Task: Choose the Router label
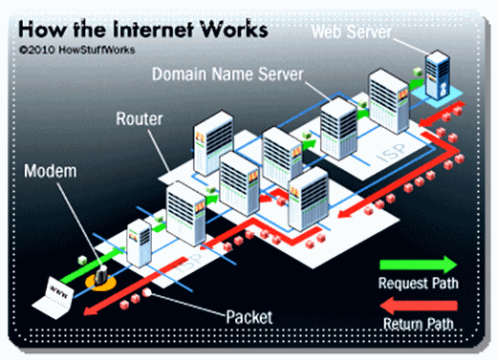coord(140,121)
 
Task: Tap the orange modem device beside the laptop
coord(97,281)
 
